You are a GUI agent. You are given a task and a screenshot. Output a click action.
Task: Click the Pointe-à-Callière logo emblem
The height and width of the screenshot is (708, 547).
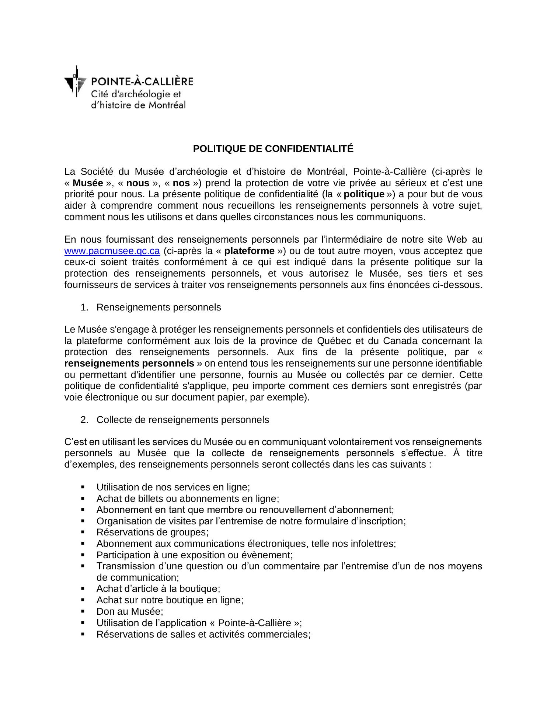pos(75,81)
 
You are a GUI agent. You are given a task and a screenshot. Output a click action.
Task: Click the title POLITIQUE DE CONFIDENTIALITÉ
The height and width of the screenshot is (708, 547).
pos(273,149)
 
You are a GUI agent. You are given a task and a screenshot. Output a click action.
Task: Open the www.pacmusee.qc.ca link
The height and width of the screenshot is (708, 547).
pos(112,251)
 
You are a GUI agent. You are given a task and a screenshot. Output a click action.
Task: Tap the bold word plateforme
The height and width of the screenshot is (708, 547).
pos(249,251)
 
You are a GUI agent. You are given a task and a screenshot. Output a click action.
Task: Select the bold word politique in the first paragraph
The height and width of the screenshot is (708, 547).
pos(364,194)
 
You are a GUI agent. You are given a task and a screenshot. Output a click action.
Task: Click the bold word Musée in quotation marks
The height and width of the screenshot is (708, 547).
pos(88,183)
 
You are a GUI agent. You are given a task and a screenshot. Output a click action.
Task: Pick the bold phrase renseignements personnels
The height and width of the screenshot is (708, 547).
pos(129,364)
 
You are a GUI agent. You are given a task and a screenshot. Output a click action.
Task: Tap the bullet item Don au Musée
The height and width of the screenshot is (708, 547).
pos(129,611)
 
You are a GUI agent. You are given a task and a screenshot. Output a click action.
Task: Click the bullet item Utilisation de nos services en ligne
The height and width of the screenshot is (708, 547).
pos(173,487)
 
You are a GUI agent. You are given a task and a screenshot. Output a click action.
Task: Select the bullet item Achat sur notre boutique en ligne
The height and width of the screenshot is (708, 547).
pos(170,600)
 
